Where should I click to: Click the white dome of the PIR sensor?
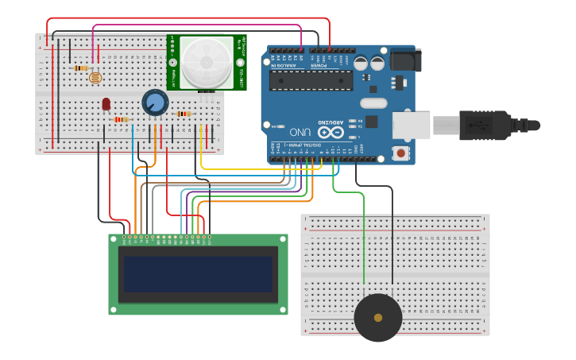pos(207,62)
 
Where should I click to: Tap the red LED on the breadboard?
pos(106,104)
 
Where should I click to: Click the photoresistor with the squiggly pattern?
pos(96,77)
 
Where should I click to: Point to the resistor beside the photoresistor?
pos(80,68)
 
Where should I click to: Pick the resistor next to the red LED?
pos(121,120)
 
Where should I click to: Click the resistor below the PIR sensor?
pos(184,114)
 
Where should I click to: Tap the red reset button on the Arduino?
pos(401,152)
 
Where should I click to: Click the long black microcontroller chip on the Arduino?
pos(311,80)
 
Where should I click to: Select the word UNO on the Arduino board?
pos(300,130)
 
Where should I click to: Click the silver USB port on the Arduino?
pos(411,126)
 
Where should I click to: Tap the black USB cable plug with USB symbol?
pos(485,125)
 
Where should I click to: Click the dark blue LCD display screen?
pos(198,273)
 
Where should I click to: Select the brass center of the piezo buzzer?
pos(378,318)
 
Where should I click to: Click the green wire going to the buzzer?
pos(364,238)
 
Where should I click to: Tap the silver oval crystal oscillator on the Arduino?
pos(373,103)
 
